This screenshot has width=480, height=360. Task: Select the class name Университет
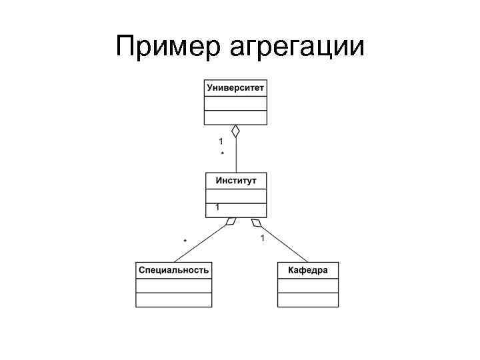235,88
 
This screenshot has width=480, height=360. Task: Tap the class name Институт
236,181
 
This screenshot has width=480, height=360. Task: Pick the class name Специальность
173,270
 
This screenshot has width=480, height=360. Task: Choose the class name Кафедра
307,270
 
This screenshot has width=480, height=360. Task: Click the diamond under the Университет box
235,131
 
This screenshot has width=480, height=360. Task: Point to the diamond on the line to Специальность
230,221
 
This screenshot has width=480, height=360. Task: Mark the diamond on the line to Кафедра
255,222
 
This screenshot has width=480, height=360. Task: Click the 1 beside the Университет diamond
221,141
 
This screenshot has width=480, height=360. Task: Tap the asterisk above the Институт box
222,154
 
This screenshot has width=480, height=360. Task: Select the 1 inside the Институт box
217,208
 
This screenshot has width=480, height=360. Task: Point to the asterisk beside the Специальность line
185,240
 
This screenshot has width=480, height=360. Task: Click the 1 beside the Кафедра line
263,238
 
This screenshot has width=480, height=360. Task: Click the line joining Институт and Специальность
200,243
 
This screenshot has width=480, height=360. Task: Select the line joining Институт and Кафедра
283,243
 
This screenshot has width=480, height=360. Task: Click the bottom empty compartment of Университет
235,118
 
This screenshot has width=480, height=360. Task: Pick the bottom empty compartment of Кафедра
307,300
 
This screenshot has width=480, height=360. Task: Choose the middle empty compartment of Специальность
173,285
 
